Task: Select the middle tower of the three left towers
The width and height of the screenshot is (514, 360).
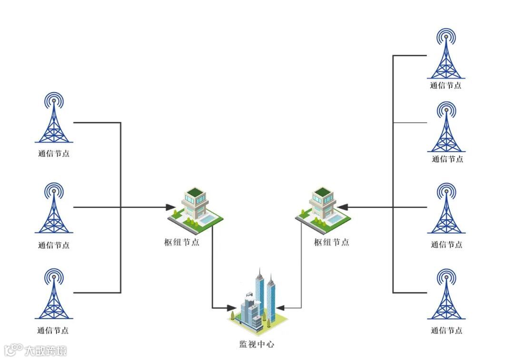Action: (x=54, y=209)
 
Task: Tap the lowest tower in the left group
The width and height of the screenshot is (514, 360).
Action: (x=54, y=295)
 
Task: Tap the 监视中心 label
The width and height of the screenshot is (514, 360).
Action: (x=257, y=344)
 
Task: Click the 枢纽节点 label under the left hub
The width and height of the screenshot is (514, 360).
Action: (x=181, y=242)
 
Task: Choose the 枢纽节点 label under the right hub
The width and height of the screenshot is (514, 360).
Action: (x=331, y=242)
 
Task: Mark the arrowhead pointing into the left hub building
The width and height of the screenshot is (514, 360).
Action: (x=170, y=207)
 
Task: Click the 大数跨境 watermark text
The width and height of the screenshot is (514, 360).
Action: (x=46, y=351)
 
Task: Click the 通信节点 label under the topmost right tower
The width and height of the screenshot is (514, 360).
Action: (x=445, y=86)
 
